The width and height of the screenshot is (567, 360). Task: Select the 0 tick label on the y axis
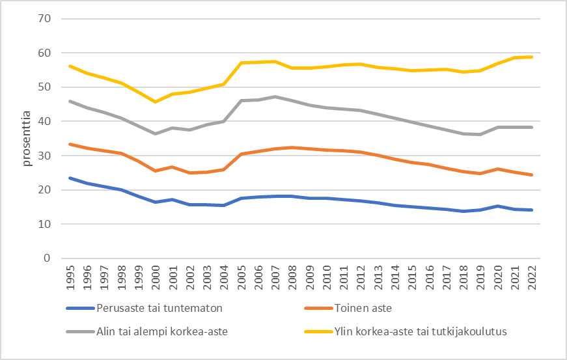pyautogui.click(x=47, y=258)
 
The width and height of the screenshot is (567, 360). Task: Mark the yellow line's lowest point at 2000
pyautogui.click(x=155, y=102)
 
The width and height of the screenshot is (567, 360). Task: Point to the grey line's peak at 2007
pyautogui.click(x=275, y=96)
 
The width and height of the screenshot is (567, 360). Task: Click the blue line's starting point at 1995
pyautogui.click(x=69, y=178)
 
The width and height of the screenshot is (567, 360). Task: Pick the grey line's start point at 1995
pyautogui.click(x=69, y=101)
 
